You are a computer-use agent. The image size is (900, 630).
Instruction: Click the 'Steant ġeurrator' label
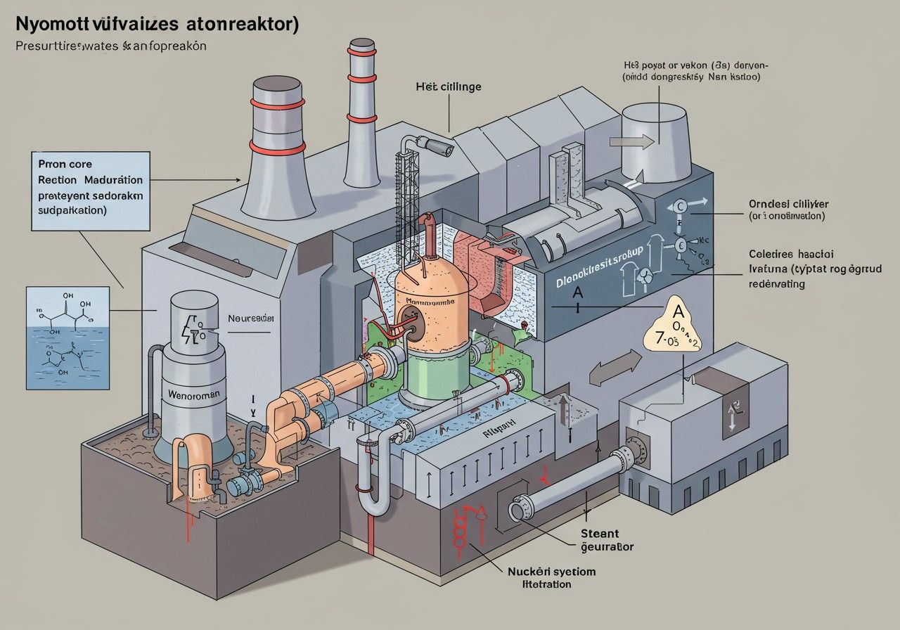pos(606,540)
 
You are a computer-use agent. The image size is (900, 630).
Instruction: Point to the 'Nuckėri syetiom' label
pos(551,571)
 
